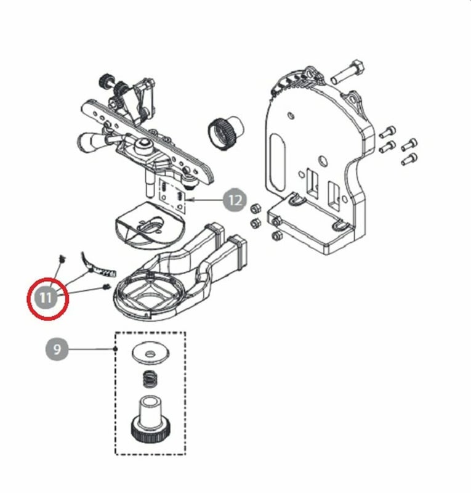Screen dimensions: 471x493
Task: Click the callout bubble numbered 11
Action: pos(46,297)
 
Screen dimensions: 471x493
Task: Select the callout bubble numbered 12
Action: pos(235,200)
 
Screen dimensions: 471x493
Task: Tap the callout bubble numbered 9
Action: pos(57,349)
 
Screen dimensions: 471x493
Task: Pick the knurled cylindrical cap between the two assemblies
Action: pos(225,132)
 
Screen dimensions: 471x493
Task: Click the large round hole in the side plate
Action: pos(322,161)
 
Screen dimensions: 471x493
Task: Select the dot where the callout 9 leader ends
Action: pos(115,349)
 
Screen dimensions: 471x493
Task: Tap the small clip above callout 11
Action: pos(63,259)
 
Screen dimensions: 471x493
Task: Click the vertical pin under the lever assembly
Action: pos(148,184)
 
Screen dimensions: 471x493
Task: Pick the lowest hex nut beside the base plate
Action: pos(276,235)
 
